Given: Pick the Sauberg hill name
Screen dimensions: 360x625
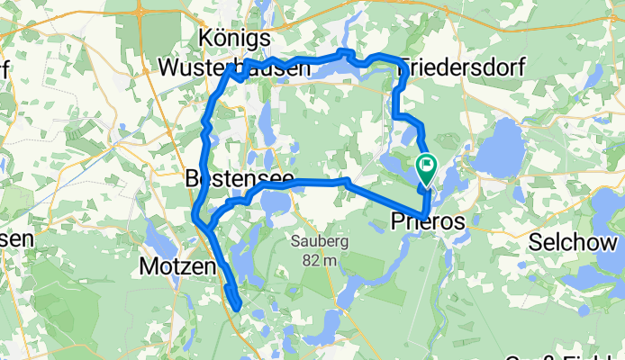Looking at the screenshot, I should coord(312,242).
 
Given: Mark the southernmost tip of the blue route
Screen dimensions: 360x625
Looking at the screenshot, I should coord(236,310).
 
